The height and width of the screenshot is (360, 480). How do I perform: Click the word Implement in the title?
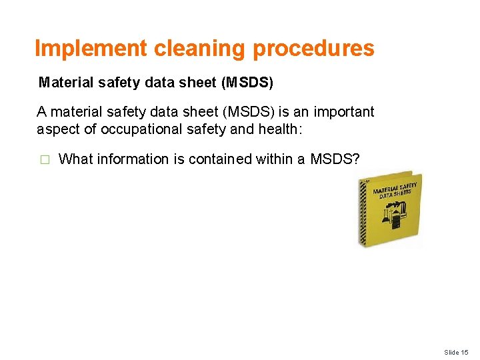coord(91,48)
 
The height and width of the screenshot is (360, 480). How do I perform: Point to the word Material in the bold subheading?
coord(63,83)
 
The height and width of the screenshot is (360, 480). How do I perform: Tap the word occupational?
coord(131,129)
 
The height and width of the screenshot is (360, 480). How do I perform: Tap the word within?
coord(273,159)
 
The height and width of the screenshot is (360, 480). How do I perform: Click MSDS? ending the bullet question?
coord(335,159)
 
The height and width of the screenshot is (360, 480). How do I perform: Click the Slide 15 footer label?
coord(457,352)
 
